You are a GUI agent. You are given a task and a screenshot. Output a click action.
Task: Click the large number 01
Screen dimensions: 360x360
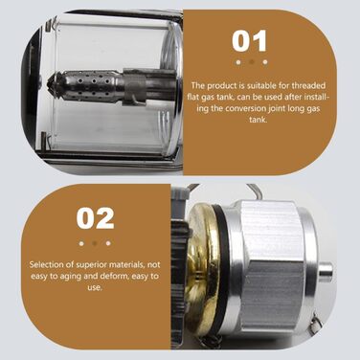[x=249, y=41]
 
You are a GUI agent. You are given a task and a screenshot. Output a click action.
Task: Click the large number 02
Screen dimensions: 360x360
[x=95, y=218]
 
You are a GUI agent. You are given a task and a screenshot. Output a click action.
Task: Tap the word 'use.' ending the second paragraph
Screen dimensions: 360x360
[x=95, y=288]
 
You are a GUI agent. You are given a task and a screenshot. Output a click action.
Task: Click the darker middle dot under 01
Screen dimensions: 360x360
[x=252, y=62]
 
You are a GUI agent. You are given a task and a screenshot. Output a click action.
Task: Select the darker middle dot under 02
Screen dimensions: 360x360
[x=95, y=243]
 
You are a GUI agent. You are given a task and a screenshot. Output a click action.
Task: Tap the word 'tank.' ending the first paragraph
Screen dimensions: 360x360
[x=258, y=120]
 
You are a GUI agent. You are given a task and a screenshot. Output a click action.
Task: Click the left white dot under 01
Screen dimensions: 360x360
[x=238, y=62]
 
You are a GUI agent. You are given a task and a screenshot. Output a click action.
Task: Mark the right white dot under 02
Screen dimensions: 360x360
[x=108, y=243]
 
